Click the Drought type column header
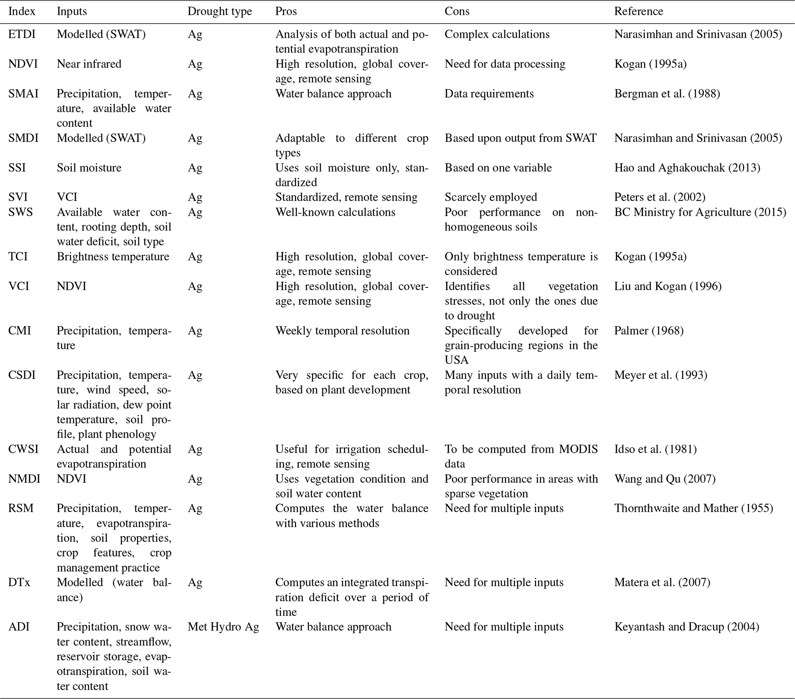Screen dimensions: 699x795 [x=219, y=11]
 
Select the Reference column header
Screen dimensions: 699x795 [x=638, y=11]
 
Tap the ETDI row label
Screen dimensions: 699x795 [x=22, y=34]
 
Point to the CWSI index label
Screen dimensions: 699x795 [x=23, y=449]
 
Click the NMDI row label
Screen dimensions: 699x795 [x=24, y=479]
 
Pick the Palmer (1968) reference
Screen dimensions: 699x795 [x=649, y=330]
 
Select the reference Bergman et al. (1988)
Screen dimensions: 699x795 [x=667, y=93]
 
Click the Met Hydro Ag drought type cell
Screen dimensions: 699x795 [x=223, y=627]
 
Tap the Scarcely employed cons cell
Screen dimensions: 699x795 [x=490, y=197]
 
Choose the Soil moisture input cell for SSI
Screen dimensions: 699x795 [x=89, y=168]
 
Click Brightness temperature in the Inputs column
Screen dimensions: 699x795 [x=113, y=257]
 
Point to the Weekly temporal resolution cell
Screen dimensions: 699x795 [x=342, y=330]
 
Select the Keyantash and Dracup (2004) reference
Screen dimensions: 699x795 [x=687, y=627]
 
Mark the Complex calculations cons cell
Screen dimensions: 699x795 [x=497, y=34]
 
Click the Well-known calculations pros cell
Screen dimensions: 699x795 [x=335, y=212]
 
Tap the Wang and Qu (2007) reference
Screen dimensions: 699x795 [x=665, y=479]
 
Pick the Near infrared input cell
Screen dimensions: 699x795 [x=89, y=64]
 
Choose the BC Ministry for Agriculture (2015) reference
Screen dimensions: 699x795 [x=700, y=212]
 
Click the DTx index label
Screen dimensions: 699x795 [x=19, y=582]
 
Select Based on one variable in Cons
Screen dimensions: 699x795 [x=498, y=168]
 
